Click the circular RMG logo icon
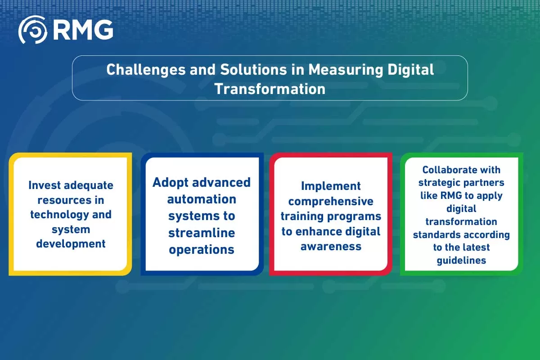tap(32, 30)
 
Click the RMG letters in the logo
tap(82, 30)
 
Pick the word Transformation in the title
tap(270, 89)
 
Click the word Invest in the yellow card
tap(45, 185)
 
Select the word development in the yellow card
tap(71, 243)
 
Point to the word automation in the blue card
tap(202, 198)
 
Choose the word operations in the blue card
tap(202, 249)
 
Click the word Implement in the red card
tap(331, 186)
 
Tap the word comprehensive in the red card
tap(331, 201)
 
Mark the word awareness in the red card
tap(331, 246)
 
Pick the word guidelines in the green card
tap(461, 260)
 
